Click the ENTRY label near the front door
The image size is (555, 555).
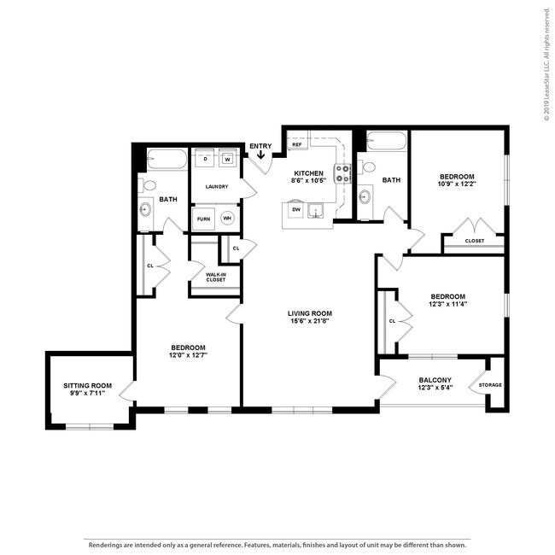click(x=260, y=146)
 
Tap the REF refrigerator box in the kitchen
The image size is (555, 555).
click(x=297, y=145)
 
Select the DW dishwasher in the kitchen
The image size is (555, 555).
click(x=296, y=209)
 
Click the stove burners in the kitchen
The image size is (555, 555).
click(x=343, y=173)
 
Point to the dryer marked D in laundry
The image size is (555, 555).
click(x=205, y=159)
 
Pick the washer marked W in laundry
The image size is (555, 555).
click(x=228, y=159)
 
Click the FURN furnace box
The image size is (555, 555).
click(x=204, y=219)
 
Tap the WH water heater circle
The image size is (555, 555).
click(x=227, y=218)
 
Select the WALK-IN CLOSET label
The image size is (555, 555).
click(x=215, y=277)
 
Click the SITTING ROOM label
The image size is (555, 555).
click(x=88, y=385)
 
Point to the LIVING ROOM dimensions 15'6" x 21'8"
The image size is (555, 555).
click(x=309, y=324)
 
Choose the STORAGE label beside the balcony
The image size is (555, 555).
click(x=490, y=385)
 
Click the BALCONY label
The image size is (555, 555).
click(x=435, y=380)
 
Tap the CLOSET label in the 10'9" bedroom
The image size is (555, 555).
click(x=475, y=241)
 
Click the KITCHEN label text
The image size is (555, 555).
click(x=307, y=173)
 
